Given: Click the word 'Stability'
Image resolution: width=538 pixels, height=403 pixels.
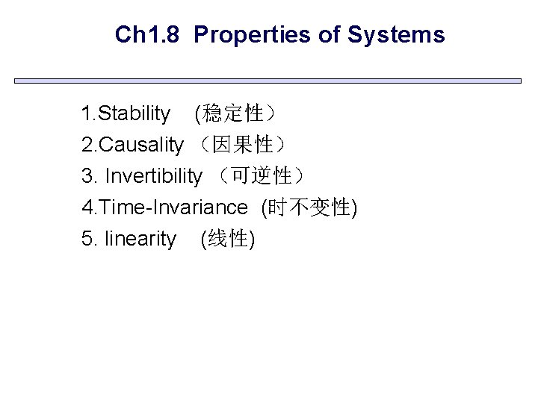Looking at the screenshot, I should click(134, 113).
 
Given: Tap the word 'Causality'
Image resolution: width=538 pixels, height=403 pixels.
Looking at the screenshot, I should click(140, 145).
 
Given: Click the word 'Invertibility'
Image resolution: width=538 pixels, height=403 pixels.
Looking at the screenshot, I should click(154, 176).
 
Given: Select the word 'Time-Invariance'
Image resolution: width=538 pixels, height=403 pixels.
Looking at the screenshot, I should click(173, 207).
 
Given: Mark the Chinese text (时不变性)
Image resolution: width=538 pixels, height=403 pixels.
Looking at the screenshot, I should click(309, 207).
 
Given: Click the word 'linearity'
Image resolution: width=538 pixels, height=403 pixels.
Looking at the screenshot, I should click(141, 239).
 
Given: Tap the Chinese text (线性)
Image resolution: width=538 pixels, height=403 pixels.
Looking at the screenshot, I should click(229, 239).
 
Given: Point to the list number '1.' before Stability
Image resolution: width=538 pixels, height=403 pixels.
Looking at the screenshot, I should click(90, 113).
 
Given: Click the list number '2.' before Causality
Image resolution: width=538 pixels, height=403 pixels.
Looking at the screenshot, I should click(90, 145).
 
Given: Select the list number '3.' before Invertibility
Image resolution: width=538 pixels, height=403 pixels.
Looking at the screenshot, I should click(90, 176).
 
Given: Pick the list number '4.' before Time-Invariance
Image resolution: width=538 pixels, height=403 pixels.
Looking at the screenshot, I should click(90, 207).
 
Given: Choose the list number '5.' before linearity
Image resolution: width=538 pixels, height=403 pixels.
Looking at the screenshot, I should click(90, 239).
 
